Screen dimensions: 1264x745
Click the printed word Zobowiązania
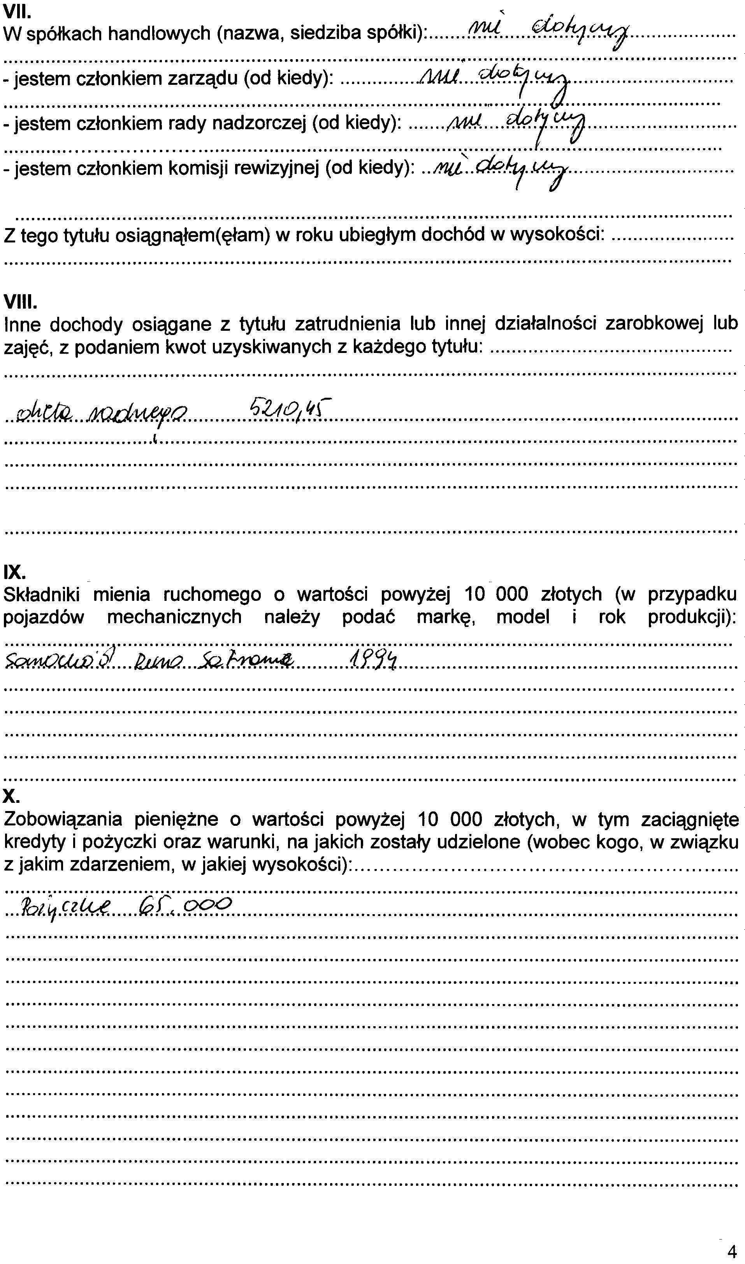point(63,819)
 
